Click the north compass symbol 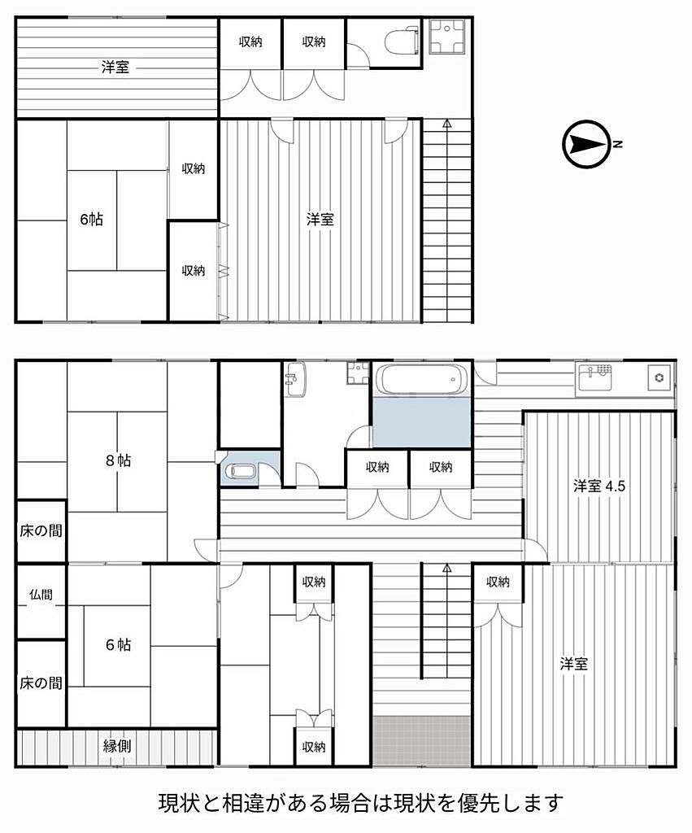coord(586,144)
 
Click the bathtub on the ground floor coord(422,380)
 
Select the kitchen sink coord(594,379)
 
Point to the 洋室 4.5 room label coord(599,486)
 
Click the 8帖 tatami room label coord(118,460)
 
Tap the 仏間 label coord(41,595)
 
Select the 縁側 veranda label coord(117,746)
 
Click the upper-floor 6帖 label coord(91,219)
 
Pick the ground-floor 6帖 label coord(118,644)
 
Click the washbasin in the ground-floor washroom coord(295,379)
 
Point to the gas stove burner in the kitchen coord(659,377)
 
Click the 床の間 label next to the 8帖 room coord(41,530)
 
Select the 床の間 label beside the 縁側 coord(41,683)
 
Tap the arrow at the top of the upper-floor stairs coord(447,124)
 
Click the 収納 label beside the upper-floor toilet coord(314,41)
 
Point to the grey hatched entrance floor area coord(422,740)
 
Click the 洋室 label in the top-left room coord(115,67)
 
